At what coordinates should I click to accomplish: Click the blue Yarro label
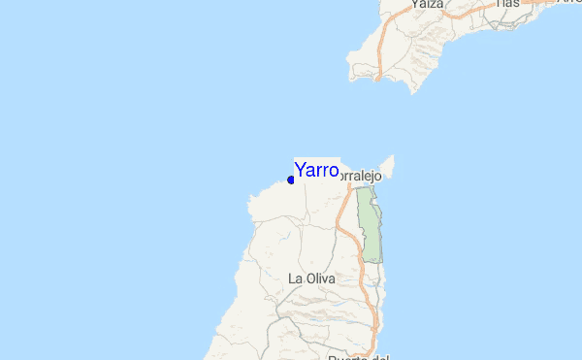pos(316,171)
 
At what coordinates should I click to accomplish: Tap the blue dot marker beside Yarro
pos(291,180)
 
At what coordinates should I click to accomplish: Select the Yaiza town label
pos(427,5)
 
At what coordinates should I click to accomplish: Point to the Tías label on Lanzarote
pos(507,4)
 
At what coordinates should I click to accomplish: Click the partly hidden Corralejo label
pos(364,177)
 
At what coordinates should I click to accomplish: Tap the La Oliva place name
pos(311,278)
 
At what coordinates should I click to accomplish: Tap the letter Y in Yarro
pos(300,171)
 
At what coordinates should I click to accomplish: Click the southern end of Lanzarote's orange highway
pos(379,72)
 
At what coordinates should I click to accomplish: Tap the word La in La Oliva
pos(295,278)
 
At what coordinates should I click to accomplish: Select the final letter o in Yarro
pos(333,172)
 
